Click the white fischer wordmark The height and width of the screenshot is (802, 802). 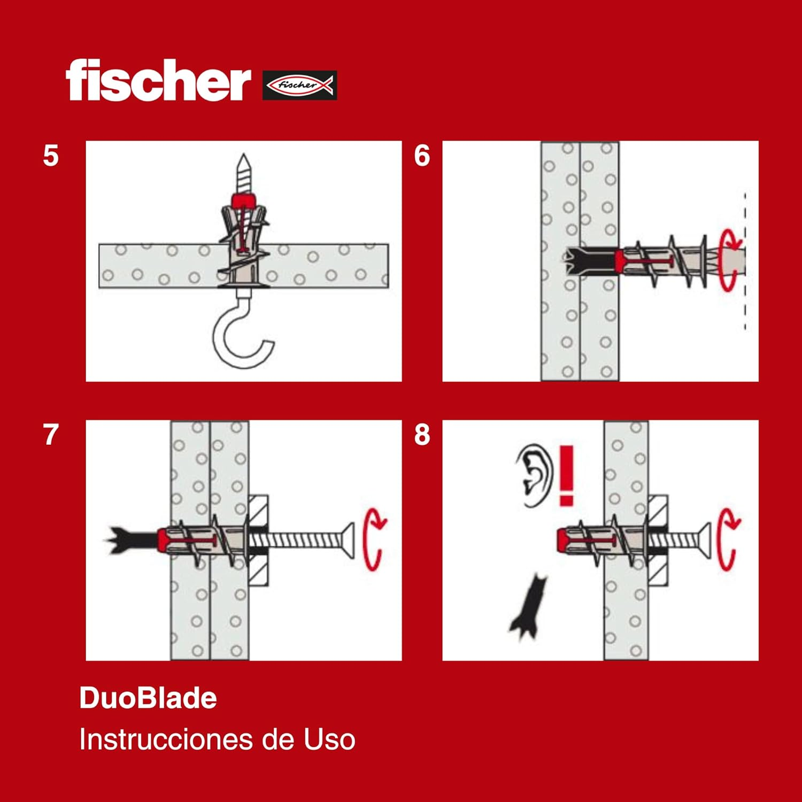[x=158, y=81]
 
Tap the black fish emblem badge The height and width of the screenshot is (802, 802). [x=299, y=85]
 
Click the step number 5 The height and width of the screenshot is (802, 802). [x=51, y=156]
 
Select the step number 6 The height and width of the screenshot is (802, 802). [x=422, y=156]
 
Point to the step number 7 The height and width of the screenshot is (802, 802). [x=51, y=435]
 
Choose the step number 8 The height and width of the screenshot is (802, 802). [x=422, y=435]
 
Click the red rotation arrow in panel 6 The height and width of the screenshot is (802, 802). [x=729, y=260]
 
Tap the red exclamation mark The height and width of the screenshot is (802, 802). [x=566, y=475]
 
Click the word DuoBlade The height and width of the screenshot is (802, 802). [x=148, y=698]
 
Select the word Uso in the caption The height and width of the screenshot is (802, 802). [x=329, y=740]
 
